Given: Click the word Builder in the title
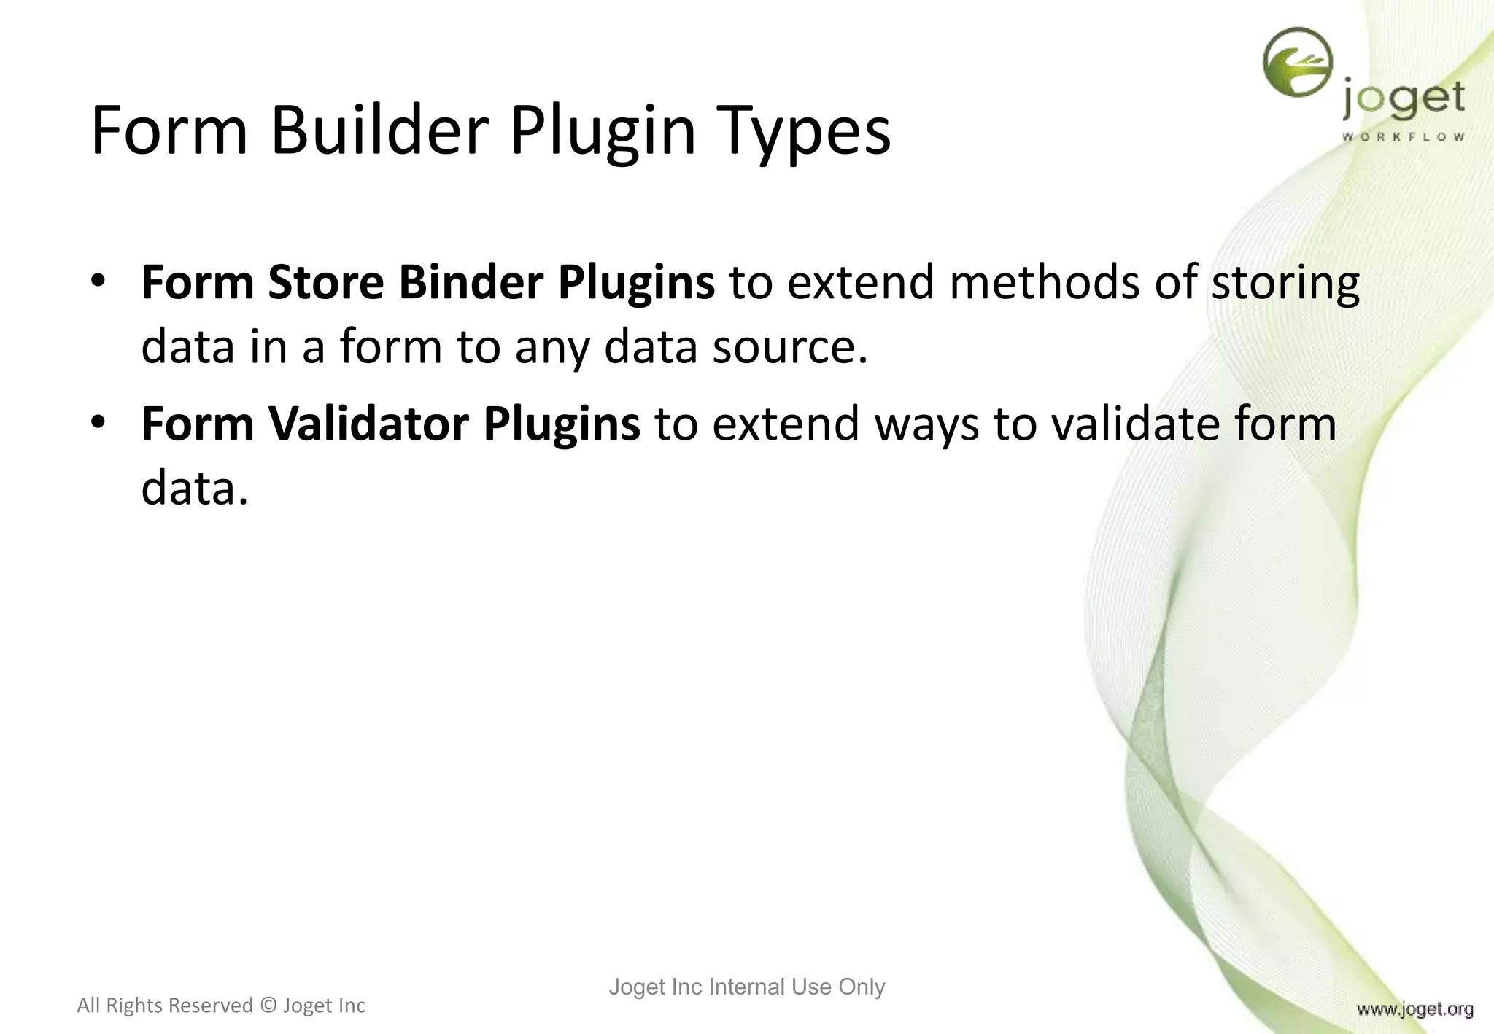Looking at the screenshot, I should (379, 131).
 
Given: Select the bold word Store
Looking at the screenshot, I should (325, 282).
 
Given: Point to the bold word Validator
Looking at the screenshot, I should (368, 424).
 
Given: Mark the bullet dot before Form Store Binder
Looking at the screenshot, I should (99, 281).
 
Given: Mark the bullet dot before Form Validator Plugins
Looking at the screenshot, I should (99, 422).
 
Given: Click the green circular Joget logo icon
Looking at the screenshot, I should (1298, 63).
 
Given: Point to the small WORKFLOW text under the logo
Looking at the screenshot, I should (1403, 137).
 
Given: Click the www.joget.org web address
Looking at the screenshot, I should (1415, 1009).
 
